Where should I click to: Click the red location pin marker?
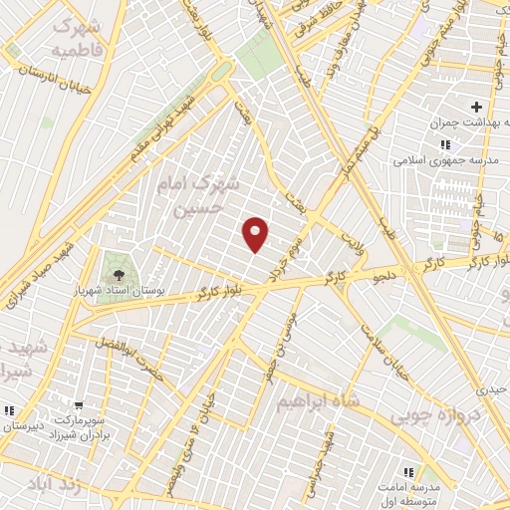(x=257, y=234)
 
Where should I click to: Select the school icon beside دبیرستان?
(x=9, y=410)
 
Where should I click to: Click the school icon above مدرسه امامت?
(x=407, y=471)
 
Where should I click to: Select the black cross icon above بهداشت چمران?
(x=476, y=107)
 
